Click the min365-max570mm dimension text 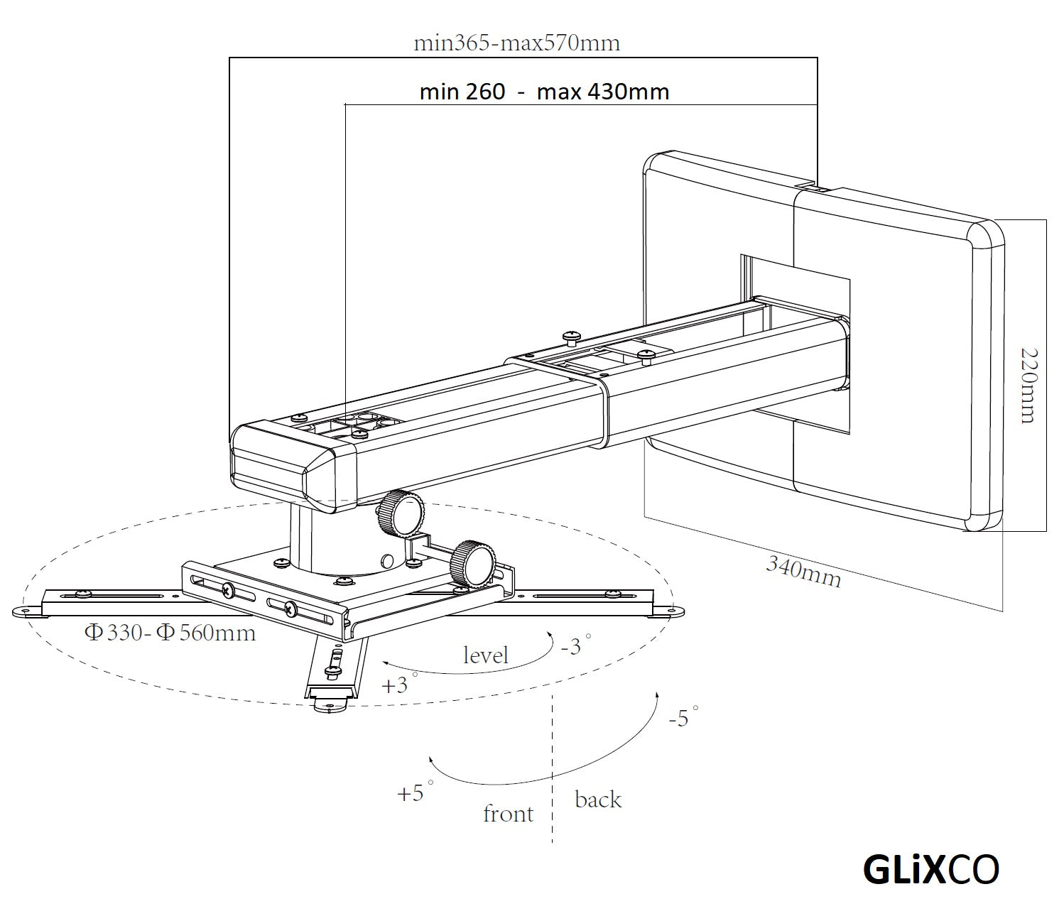tap(516, 43)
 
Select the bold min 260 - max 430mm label tap(544, 92)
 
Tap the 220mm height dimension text tap(1027, 385)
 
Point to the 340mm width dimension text tap(803, 572)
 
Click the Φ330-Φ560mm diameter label tap(170, 632)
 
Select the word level tap(485, 654)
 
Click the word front tap(508, 813)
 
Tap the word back tap(598, 800)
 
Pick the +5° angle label tap(415, 792)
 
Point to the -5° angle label tap(683, 717)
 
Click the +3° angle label tap(398, 685)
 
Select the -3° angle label tap(575, 645)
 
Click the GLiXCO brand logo tap(931, 869)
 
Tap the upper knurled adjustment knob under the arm tap(401, 513)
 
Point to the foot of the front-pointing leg tap(329, 703)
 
